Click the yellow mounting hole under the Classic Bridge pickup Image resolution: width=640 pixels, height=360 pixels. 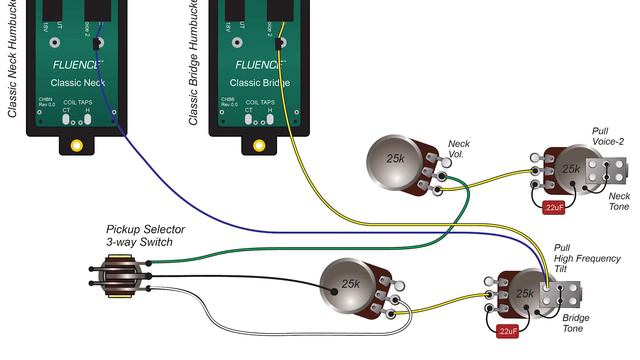pos(259,144)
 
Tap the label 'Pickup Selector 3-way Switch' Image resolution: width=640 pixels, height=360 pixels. pos(139,235)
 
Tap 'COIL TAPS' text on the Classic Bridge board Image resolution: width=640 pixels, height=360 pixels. pos(261,101)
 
